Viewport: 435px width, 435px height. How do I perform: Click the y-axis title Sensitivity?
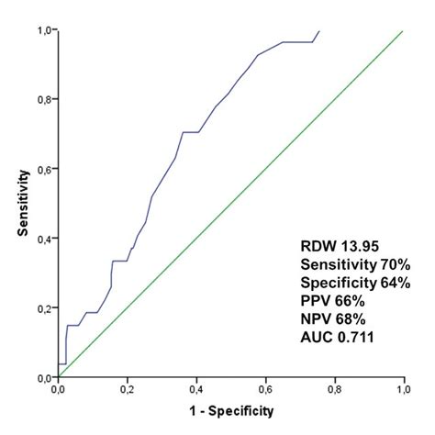point(21,204)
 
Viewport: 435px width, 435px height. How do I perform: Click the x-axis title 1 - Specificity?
point(229,412)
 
